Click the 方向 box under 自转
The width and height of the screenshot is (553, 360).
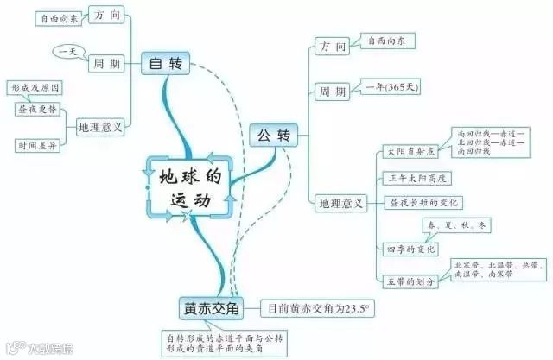point(108,16)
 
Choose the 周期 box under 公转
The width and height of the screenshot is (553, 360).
point(333,91)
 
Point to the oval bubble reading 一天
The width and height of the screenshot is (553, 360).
point(66,51)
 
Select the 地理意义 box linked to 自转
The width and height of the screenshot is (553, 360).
point(100,126)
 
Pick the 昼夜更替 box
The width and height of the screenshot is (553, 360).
point(35,111)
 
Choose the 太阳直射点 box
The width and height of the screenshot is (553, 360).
point(410,151)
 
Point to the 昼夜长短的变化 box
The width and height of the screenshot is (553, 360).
point(426,203)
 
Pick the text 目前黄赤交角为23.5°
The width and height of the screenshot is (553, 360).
point(319,307)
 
